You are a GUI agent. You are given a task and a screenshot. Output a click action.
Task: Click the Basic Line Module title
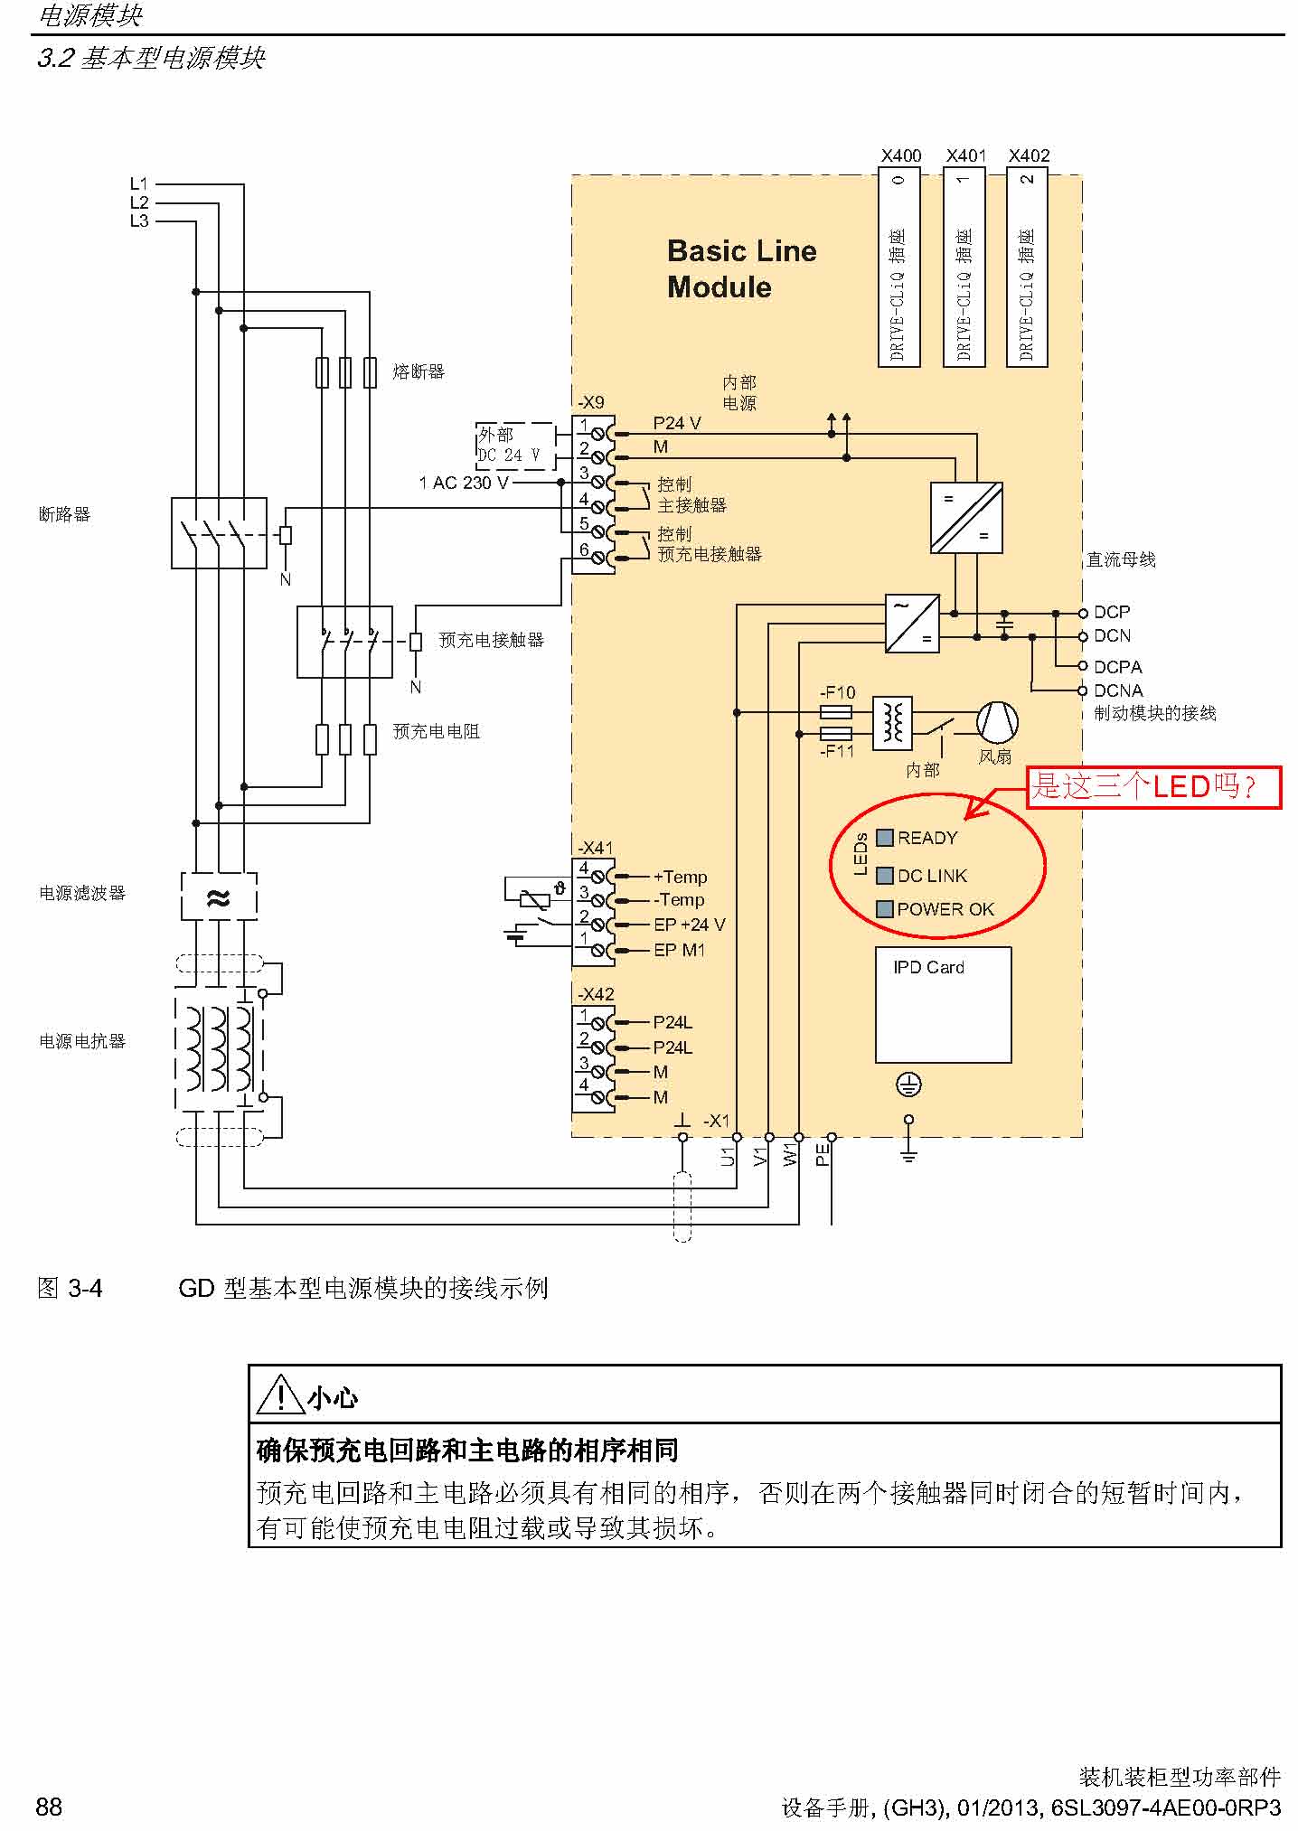740,268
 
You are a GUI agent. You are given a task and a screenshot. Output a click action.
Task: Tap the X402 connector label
1029,155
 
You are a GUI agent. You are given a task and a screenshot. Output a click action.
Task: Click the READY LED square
885,838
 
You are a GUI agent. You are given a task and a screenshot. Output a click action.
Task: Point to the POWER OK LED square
885,909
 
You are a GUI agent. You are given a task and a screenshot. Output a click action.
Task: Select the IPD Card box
943,1004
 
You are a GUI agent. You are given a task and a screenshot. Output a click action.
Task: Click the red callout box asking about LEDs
1153,786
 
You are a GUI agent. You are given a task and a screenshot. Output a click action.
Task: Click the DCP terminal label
1112,612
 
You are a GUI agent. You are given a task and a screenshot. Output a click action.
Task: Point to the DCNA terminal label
1118,690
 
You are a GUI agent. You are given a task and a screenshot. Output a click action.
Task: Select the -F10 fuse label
837,692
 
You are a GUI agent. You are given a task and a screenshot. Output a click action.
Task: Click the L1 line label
138,184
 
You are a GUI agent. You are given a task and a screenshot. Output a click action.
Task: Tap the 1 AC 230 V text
463,483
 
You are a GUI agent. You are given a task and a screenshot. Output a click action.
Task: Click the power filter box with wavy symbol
219,897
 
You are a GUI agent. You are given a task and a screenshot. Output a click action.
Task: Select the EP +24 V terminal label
689,925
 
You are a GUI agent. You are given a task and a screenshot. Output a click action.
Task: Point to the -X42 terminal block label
596,993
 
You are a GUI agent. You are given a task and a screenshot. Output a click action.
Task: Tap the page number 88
49,1807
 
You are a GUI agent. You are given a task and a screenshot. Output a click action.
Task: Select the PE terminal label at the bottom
822,1155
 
